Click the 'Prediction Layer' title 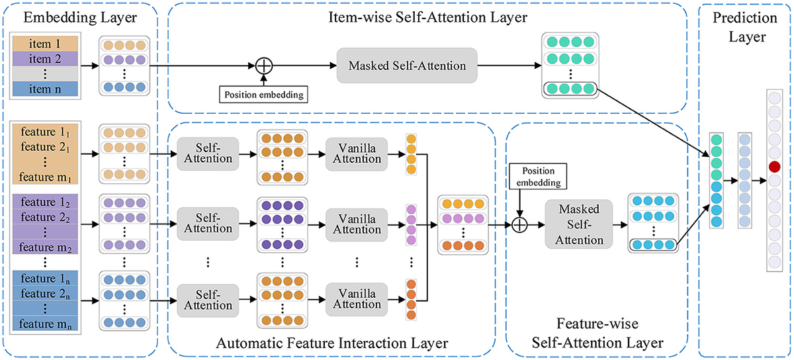click(x=746, y=27)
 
